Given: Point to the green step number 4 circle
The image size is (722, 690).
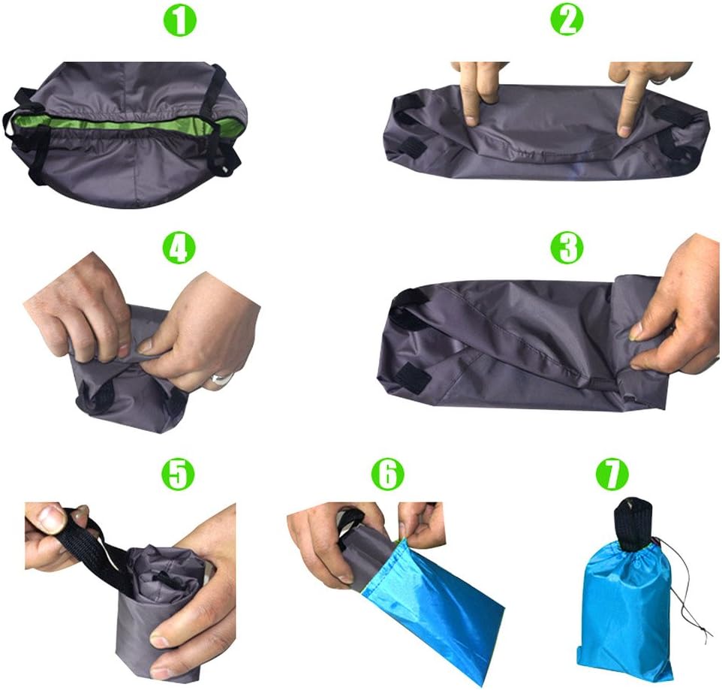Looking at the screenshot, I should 180,247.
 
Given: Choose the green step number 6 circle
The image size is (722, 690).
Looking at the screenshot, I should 388,474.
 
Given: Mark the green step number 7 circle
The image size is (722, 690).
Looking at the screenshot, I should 612,474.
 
